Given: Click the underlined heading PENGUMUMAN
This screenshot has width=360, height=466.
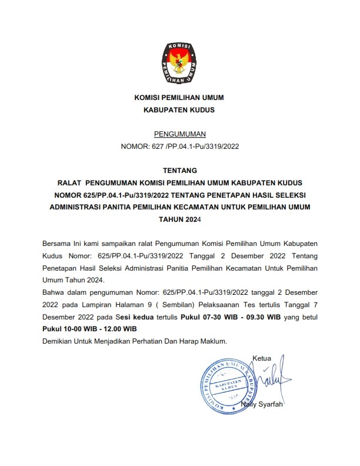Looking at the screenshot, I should click(x=179, y=134).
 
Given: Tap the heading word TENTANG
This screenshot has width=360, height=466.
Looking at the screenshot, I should click(x=179, y=170).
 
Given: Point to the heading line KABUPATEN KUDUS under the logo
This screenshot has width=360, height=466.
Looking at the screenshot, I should click(x=179, y=109).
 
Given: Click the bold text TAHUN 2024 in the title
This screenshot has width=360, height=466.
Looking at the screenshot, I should click(x=179, y=219).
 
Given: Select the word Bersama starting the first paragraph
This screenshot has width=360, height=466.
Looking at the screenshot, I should click(x=57, y=244).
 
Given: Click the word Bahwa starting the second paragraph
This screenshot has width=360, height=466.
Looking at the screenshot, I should click(x=54, y=292).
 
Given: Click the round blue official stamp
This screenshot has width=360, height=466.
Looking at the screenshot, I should click(x=224, y=385).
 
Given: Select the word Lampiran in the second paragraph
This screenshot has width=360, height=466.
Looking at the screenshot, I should click(x=89, y=305).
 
